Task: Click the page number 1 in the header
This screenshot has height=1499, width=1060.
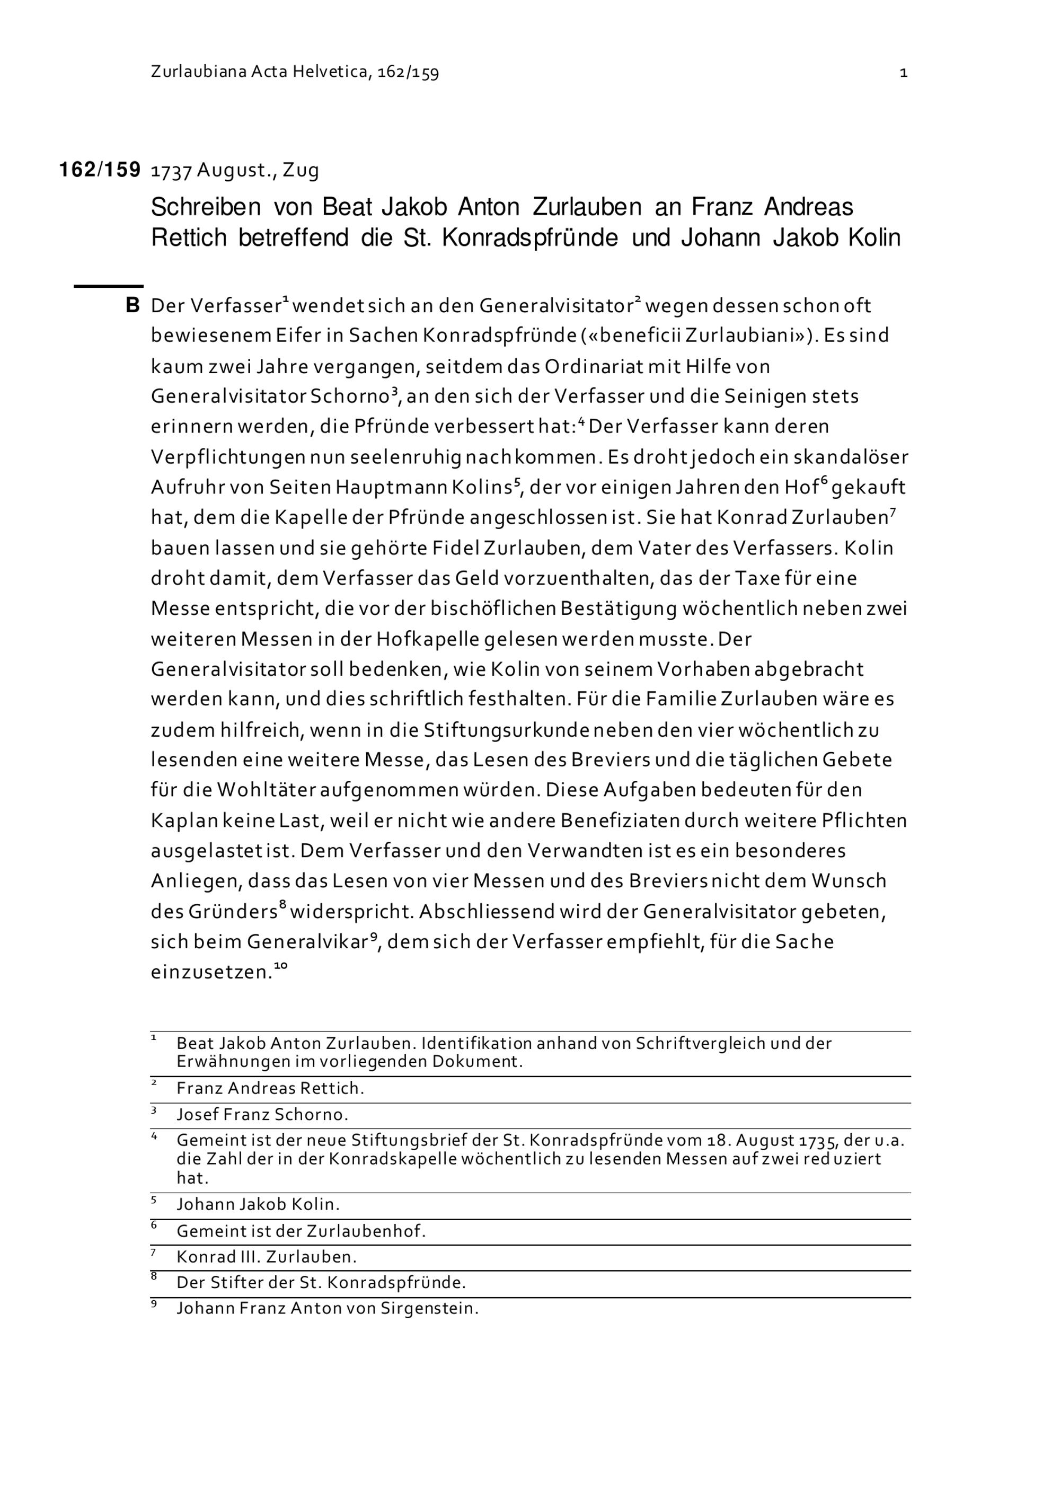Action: coord(903,73)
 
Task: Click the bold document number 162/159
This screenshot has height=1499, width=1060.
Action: coord(100,170)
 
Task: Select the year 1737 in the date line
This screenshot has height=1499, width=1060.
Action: coord(171,171)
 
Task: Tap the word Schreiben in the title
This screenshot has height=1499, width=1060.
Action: coord(206,208)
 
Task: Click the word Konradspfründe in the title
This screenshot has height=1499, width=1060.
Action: coord(529,237)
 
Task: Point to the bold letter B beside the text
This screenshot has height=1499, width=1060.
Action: coord(132,305)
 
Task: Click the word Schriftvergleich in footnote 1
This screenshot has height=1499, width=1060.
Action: coord(700,1043)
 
